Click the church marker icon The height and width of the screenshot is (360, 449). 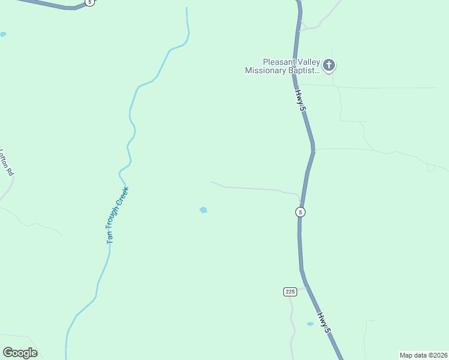(x=328, y=65)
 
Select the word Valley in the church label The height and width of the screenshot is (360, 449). (x=309, y=62)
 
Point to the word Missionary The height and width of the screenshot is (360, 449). (x=265, y=71)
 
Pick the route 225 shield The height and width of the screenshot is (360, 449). (x=291, y=292)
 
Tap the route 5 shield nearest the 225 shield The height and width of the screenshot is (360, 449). (x=300, y=212)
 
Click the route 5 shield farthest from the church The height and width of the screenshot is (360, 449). (x=89, y=2)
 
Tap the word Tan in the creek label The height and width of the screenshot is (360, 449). (x=109, y=236)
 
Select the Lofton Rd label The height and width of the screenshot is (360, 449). (x=6, y=163)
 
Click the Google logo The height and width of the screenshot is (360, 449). (x=20, y=353)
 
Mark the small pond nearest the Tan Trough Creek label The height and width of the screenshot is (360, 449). (x=203, y=210)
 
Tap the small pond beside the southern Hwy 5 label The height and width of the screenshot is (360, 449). (x=310, y=324)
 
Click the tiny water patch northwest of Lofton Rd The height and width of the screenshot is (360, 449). (x=3, y=34)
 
